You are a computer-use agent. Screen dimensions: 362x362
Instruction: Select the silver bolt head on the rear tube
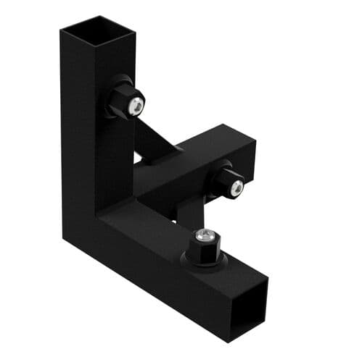click(x=236, y=188)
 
